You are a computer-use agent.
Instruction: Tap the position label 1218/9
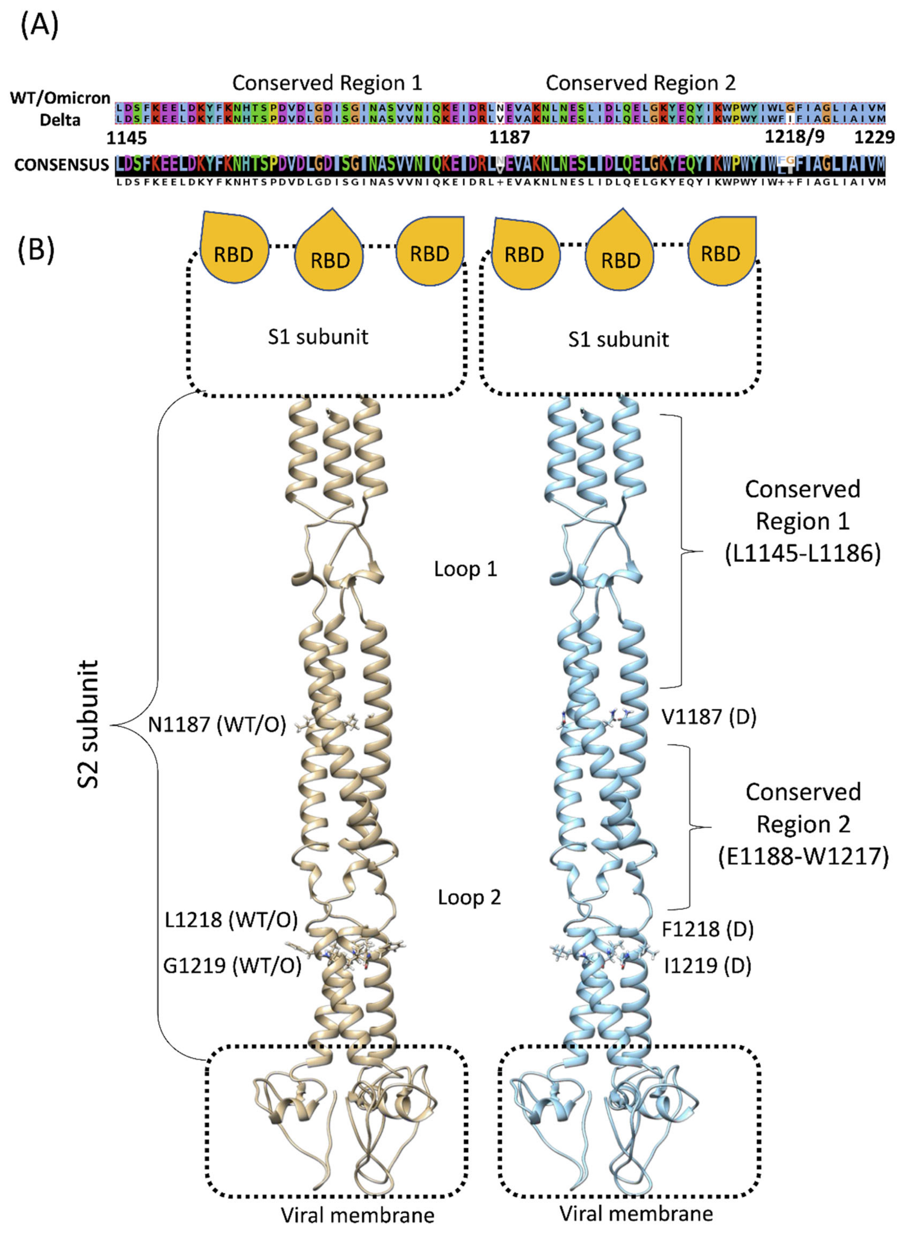794,136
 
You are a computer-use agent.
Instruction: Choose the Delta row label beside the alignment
60,120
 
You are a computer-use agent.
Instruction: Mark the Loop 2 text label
469,897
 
